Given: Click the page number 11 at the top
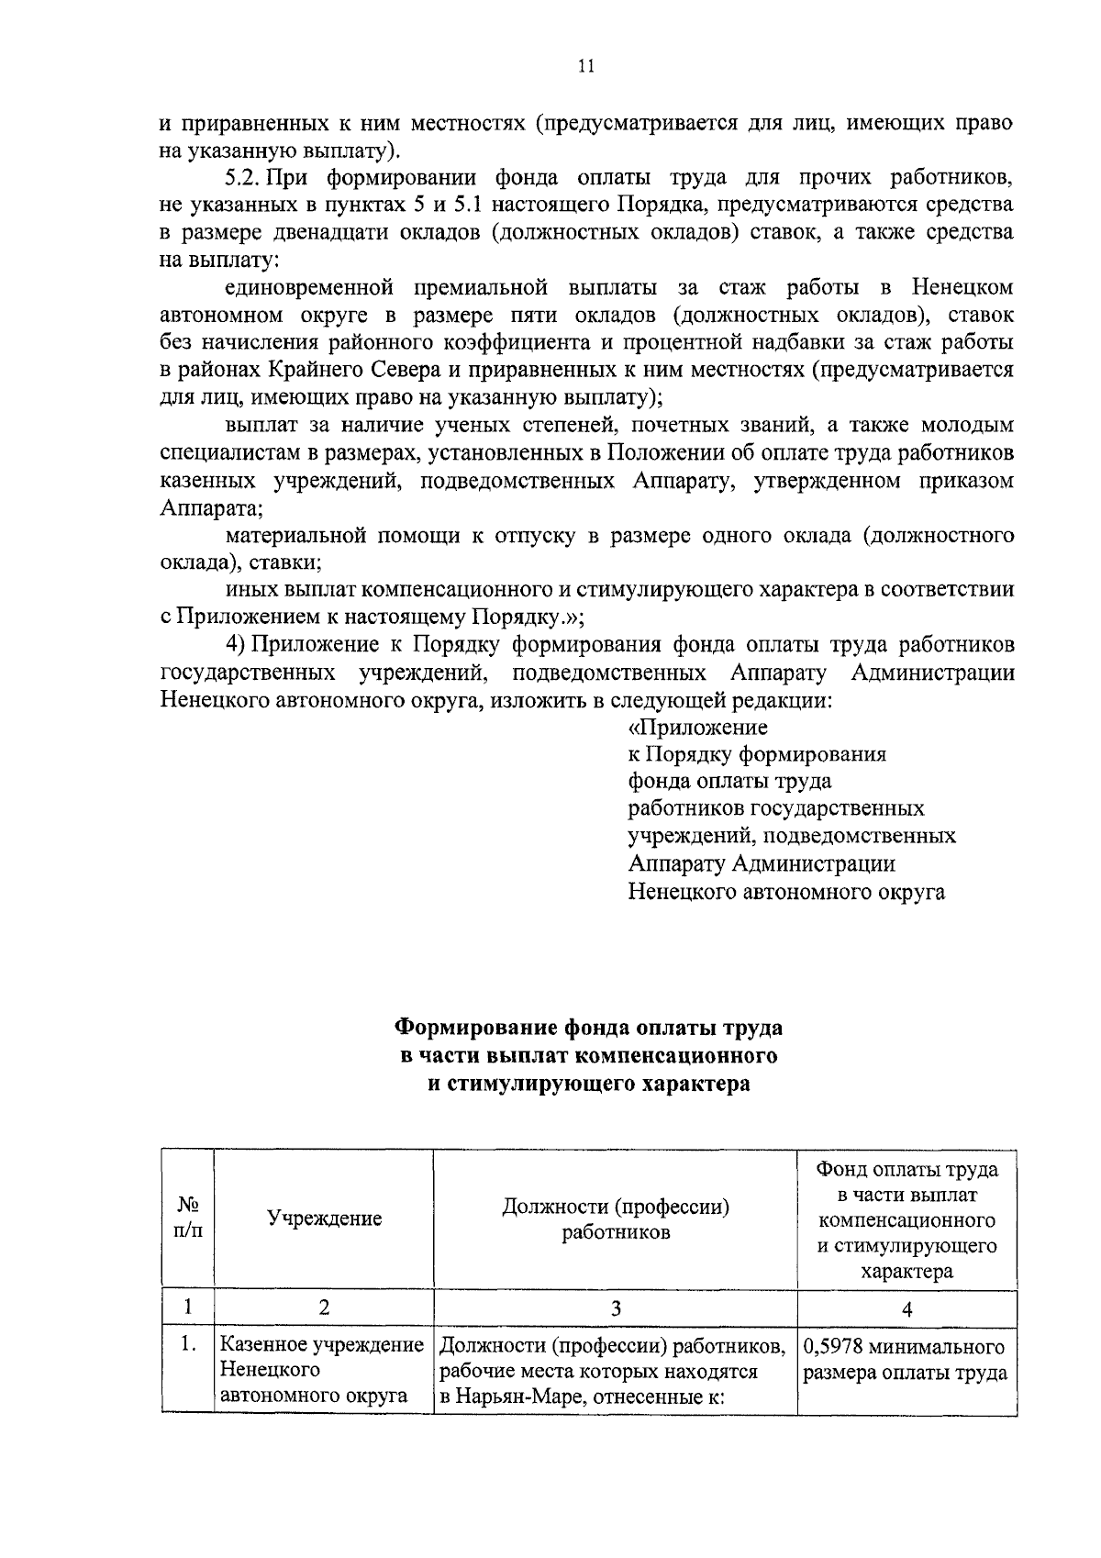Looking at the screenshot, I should point(587,65).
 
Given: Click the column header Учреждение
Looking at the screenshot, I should point(324,1219).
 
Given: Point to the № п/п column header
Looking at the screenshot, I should point(187,1219).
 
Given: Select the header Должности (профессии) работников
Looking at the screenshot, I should point(616,1219).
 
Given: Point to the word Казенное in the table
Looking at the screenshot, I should point(263,1346).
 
